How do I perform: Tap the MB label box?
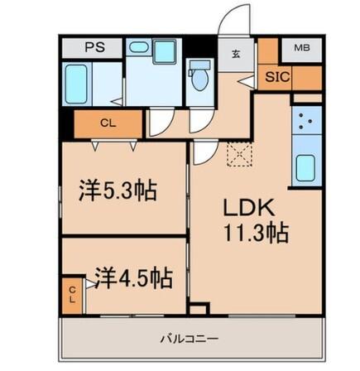pyautogui.click(x=301, y=48)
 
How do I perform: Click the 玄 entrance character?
pyautogui.click(x=236, y=55)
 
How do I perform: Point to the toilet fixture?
pyautogui.click(x=199, y=79)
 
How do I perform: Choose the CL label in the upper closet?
pyautogui.click(x=108, y=123)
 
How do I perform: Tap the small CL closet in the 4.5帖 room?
pyautogui.click(x=73, y=294)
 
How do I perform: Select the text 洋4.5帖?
pyautogui.click(x=132, y=277)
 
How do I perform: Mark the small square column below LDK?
pyautogui.click(x=197, y=310)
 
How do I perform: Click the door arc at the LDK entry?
pyautogui.click(x=204, y=154)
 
